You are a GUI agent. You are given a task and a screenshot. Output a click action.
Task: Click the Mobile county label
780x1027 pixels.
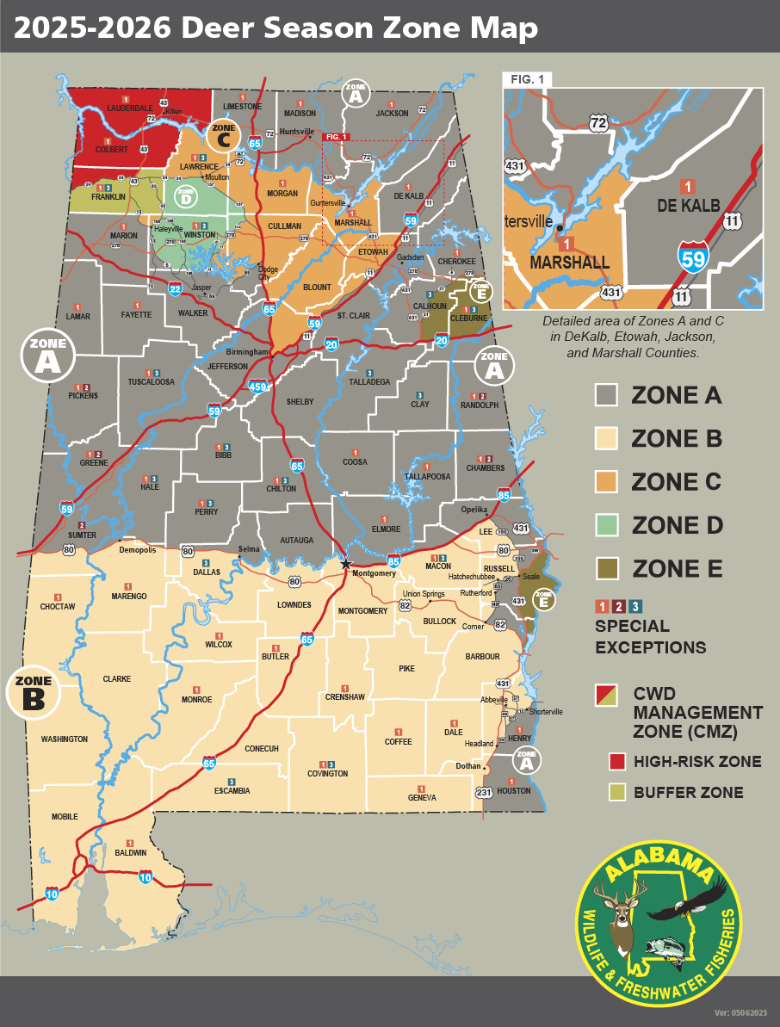pos(65,816)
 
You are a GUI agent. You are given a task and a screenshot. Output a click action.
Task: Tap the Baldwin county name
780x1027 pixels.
pos(131,852)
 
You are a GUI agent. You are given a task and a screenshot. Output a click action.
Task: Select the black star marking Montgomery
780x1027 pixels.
pos(346,564)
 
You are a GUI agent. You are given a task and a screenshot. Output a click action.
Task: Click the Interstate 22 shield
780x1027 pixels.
pos(175,288)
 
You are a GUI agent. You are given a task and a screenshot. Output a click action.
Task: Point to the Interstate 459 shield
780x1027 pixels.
pos(256,387)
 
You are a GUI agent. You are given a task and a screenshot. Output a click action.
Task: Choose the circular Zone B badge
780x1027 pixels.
pos(33,694)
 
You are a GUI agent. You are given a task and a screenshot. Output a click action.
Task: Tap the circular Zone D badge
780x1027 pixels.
pos(185,197)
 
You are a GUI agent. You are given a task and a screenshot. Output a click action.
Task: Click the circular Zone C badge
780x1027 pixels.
pos(223,135)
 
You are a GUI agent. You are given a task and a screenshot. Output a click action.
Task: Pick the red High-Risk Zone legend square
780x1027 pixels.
pos(616,761)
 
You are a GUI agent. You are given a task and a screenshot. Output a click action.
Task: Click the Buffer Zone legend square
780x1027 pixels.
pos(616,793)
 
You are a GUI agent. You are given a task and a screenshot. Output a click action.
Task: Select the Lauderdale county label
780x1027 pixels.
pos(129,108)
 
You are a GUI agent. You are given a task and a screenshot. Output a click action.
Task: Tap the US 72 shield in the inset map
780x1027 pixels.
pos(598,123)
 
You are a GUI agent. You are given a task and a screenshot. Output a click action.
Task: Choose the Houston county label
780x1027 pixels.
pos(514,790)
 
